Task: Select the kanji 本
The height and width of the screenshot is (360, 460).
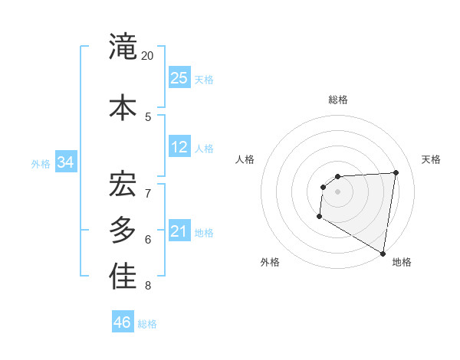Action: click(x=123, y=107)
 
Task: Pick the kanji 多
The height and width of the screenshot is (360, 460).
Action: click(x=123, y=230)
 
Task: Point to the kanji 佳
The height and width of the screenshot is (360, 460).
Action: click(x=123, y=277)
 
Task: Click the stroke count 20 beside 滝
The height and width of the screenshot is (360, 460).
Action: click(x=148, y=56)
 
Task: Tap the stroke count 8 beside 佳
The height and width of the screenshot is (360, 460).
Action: click(x=148, y=286)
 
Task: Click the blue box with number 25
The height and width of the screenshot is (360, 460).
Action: click(x=179, y=78)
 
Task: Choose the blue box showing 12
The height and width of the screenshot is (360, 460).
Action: click(x=179, y=147)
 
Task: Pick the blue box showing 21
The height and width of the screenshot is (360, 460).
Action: click(x=179, y=231)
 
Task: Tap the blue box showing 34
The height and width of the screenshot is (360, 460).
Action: click(x=66, y=162)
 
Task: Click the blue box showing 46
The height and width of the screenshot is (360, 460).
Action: click(x=123, y=322)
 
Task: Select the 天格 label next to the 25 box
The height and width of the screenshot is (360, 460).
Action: click(x=204, y=79)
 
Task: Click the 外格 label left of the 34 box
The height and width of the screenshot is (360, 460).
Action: click(x=41, y=163)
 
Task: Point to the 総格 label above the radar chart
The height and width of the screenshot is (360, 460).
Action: click(x=338, y=100)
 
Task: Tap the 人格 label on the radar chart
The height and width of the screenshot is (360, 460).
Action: click(x=245, y=159)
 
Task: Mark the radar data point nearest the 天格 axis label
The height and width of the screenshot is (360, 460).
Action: click(x=396, y=172)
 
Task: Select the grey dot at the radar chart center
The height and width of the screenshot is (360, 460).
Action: click(x=337, y=191)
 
